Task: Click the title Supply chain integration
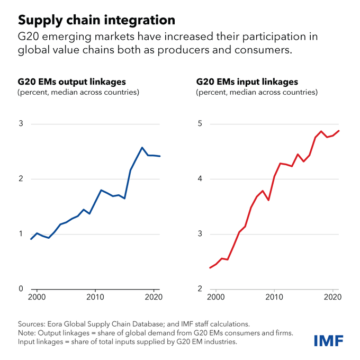pos(96,20)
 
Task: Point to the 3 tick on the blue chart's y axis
pos(21,124)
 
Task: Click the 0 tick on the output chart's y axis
pos(21,289)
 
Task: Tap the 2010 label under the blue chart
pos(95,297)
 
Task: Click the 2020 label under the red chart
pos(331,297)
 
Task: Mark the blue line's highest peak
pos(142,147)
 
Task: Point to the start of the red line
pos(210,268)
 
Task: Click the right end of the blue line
pos(160,156)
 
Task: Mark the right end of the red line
pos(339,131)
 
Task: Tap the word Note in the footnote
pos(27,332)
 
